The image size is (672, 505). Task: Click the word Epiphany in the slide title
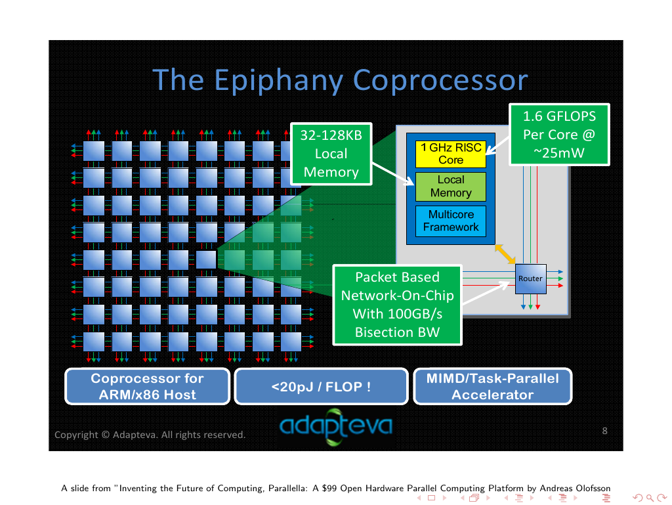click(280, 80)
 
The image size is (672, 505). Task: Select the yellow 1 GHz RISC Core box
click(450, 154)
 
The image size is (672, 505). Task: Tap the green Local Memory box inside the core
click(450, 187)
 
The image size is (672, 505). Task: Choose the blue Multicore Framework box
click(450, 221)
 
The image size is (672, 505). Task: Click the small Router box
click(530, 278)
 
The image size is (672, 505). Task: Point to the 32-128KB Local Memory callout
click(331, 154)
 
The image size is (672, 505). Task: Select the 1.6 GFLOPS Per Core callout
click(559, 135)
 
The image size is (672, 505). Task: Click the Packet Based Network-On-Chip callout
click(397, 305)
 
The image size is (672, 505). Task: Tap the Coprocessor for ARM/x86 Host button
click(147, 386)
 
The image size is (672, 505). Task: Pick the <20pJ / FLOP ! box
click(321, 386)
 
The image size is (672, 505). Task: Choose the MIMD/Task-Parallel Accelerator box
click(492, 386)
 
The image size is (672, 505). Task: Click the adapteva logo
click(335, 426)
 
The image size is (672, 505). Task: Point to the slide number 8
click(604, 431)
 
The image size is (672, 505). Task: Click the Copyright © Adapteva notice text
click(150, 435)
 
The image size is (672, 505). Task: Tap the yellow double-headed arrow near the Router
click(505, 254)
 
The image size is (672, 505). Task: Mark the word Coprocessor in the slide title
click(440, 80)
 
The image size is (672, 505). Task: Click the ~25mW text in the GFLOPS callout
click(559, 154)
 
